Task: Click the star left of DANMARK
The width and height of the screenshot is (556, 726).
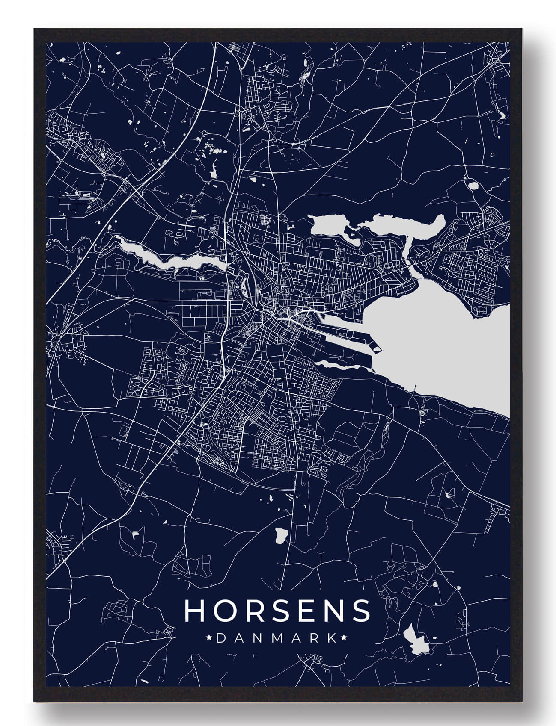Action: point(210,638)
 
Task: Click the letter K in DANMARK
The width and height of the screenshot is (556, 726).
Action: point(332,638)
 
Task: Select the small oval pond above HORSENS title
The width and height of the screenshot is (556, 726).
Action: point(281,534)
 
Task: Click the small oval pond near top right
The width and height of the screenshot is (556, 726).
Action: point(473,186)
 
